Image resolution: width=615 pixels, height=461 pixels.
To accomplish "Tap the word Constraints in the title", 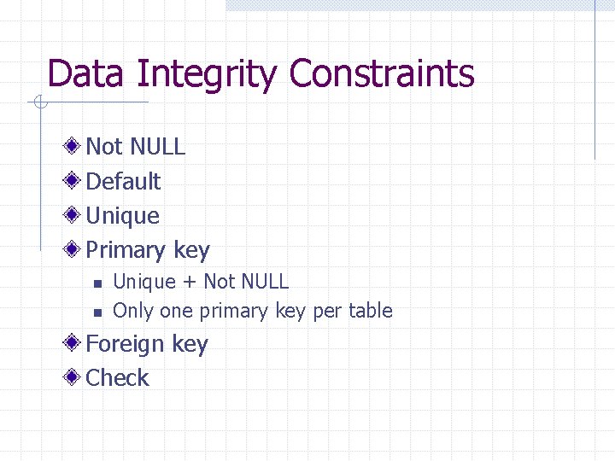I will pos(381,73).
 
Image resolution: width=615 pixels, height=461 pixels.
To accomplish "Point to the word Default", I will pos(123,181).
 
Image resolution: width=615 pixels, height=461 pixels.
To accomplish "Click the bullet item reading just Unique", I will pos(122,216).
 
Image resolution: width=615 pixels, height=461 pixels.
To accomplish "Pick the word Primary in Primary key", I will pos(126,251).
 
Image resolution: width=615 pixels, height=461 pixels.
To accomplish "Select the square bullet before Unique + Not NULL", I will pos(97,283).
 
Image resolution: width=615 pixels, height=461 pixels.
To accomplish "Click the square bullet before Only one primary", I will pos(97,312).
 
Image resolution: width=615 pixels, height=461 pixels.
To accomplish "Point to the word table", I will pos(370,311).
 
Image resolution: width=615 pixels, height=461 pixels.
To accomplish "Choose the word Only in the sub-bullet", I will pos(132,312).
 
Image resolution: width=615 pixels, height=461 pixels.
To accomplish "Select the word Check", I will pos(118,378).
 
